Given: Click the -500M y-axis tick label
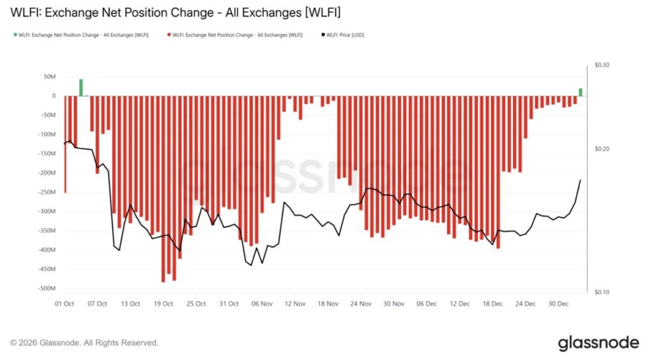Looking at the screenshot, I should (46, 288).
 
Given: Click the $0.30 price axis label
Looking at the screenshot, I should (602, 65).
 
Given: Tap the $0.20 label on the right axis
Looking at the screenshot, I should (602, 149).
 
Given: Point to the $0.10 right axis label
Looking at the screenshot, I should (602, 292).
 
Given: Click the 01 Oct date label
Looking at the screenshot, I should (65, 304).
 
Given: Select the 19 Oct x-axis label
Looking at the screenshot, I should (163, 304).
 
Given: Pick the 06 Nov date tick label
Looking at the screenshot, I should (262, 304).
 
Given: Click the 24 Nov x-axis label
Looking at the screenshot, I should (361, 304).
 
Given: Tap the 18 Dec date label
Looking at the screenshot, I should (493, 304).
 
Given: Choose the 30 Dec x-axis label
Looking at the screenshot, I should (559, 304).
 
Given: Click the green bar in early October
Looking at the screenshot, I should (81, 87).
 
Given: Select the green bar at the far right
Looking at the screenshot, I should (581, 92).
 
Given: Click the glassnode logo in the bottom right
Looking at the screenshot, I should (598, 343).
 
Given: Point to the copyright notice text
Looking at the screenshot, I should (84, 343).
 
